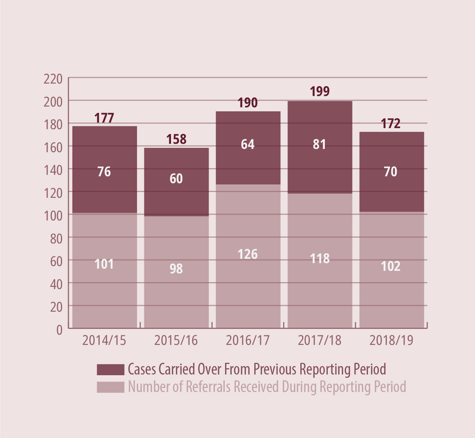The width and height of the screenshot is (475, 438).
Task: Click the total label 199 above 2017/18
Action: [320, 91]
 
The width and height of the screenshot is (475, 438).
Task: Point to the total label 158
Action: [176, 139]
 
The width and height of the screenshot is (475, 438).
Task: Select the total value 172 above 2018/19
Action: [391, 124]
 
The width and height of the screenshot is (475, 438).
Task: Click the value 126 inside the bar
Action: [248, 254]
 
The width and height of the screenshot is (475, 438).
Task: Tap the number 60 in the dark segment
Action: [176, 178]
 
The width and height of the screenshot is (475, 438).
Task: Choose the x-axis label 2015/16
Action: [176, 341]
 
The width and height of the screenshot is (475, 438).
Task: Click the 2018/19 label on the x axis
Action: [391, 341]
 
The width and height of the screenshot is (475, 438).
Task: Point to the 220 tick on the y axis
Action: [53, 79]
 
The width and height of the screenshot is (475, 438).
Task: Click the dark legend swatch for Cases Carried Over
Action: [110, 369]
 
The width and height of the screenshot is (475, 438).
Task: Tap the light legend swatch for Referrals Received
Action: [110, 387]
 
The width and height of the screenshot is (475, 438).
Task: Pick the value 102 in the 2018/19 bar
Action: [391, 266]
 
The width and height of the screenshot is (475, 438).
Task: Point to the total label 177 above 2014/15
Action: [104, 118]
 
